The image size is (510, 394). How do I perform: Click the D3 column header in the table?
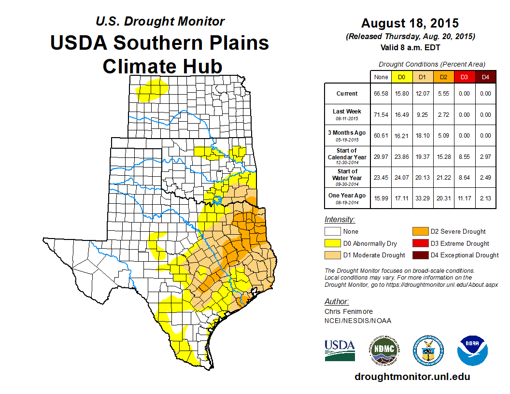(464, 77)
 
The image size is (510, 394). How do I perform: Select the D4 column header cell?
(485, 77)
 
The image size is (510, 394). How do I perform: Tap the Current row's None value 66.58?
(381, 94)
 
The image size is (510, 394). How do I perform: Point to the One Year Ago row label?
(347, 196)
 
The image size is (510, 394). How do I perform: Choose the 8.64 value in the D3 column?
(464, 177)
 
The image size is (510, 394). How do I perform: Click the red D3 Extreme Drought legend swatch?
(419, 243)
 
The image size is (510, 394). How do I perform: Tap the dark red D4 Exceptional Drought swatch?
(419, 255)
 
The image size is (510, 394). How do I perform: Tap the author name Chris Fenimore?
(349, 311)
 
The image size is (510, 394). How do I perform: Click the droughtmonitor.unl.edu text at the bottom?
(412, 377)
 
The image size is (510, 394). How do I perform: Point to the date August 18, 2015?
(410, 23)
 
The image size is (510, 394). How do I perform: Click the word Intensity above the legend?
(340, 220)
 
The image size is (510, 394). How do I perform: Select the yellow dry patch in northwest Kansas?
(153, 90)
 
